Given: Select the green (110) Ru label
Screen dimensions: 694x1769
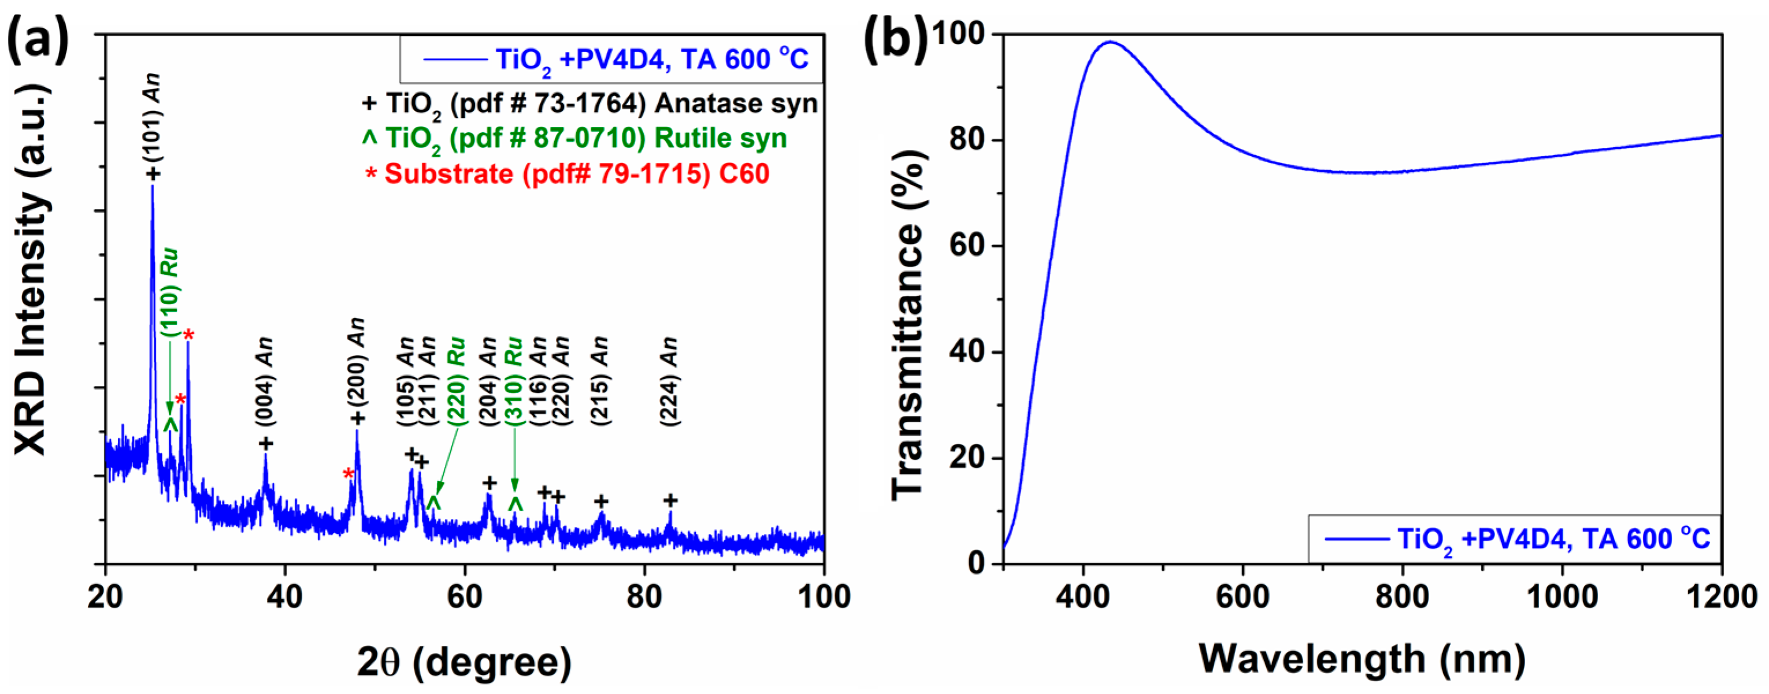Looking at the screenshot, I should click(x=170, y=292).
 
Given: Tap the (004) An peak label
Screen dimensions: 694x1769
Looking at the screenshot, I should click(x=265, y=381).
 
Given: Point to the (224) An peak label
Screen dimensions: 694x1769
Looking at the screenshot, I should click(x=670, y=381).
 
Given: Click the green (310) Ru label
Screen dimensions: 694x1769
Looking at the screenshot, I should click(x=514, y=381).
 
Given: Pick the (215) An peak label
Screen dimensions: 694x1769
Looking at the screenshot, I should click(x=600, y=381).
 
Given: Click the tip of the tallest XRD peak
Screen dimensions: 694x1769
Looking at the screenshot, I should click(x=153, y=187).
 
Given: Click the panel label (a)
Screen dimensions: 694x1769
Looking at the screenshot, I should click(x=38, y=38).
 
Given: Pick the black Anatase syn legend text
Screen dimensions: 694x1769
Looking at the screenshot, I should click(x=591, y=103).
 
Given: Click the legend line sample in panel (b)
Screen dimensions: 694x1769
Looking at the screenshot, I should click(x=1356, y=539).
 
